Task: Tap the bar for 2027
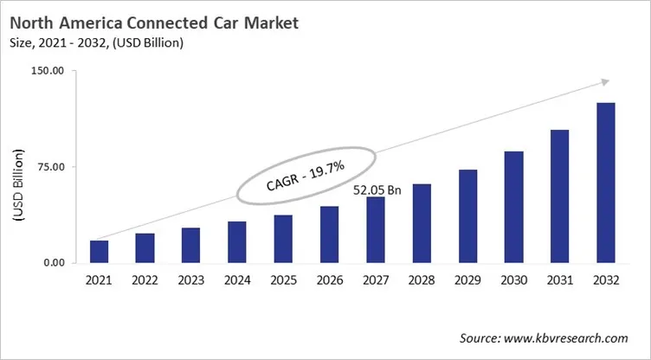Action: (x=376, y=229)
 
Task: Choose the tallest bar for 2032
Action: (x=606, y=183)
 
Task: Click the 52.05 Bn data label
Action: (x=376, y=188)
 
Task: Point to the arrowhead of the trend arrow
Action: (x=604, y=83)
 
